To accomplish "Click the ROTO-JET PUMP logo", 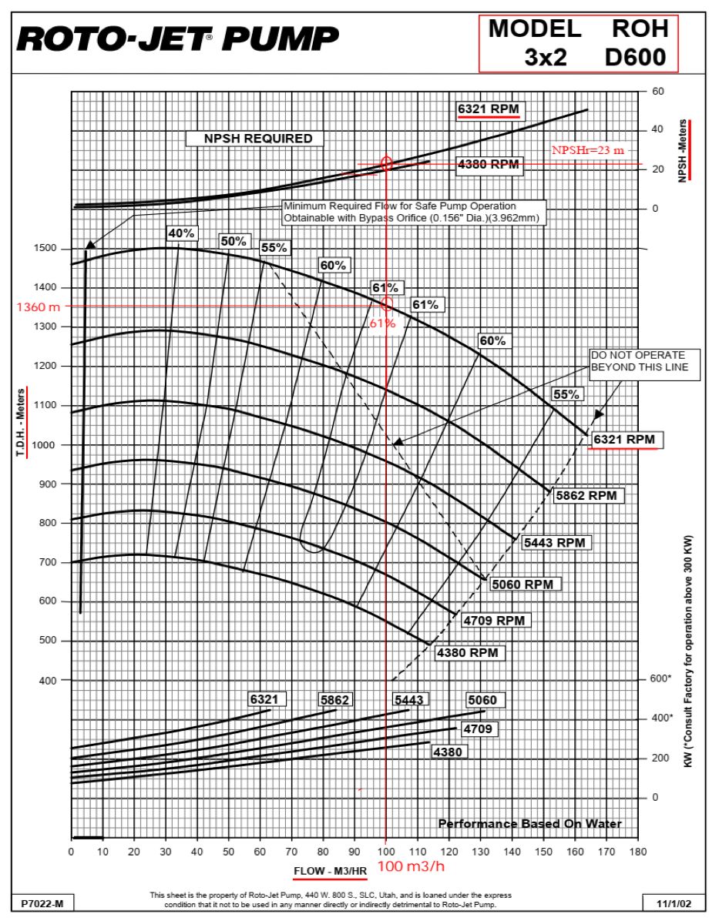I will click(178, 38).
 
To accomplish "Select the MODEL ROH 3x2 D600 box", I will click(578, 43).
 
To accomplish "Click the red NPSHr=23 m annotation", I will click(587, 151).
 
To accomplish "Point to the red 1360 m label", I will click(38, 306).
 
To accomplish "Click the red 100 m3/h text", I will click(411, 866).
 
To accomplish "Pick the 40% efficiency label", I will click(182, 233).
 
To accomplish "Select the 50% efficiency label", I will click(234, 241).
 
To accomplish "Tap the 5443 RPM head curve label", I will click(554, 542).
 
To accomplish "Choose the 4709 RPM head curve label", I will click(498, 619).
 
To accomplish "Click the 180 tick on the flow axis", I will click(637, 852).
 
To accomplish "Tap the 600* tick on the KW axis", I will click(661, 679).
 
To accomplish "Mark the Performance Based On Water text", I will click(529, 824).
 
